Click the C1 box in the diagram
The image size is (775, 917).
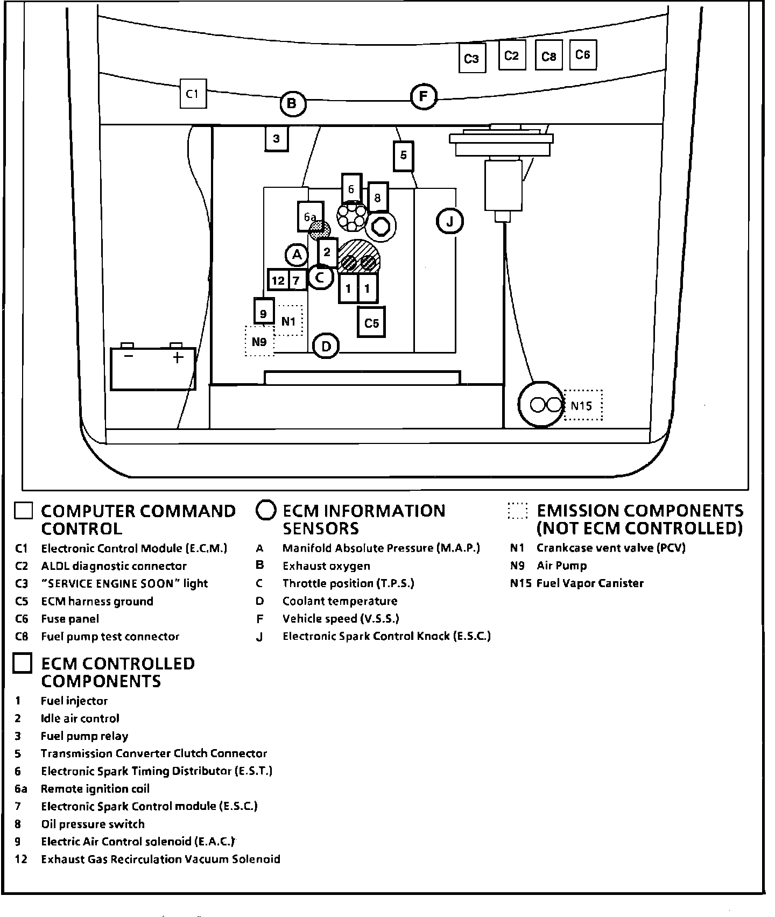(x=193, y=94)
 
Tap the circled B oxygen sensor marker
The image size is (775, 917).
(x=292, y=103)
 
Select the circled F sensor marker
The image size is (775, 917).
(x=424, y=97)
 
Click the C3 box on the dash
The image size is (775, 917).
(x=471, y=58)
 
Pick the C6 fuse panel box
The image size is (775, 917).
(x=583, y=55)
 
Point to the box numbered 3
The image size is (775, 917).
(x=277, y=139)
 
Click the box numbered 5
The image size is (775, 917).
(x=404, y=156)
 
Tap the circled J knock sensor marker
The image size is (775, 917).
(x=450, y=221)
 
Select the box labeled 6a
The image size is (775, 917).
(x=310, y=217)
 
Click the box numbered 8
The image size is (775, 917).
(x=378, y=197)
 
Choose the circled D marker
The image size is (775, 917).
(x=326, y=347)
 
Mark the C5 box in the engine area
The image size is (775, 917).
(x=371, y=323)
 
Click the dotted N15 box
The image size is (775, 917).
(x=583, y=405)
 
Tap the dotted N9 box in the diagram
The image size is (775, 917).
(x=259, y=341)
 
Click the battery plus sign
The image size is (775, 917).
(x=178, y=357)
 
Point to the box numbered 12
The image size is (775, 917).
(x=278, y=280)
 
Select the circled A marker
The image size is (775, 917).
(x=297, y=255)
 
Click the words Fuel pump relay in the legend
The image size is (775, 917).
(x=84, y=736)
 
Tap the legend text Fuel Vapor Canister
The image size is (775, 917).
(x=590, y=583)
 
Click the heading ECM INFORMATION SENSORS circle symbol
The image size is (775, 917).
(x=266, y=511)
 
